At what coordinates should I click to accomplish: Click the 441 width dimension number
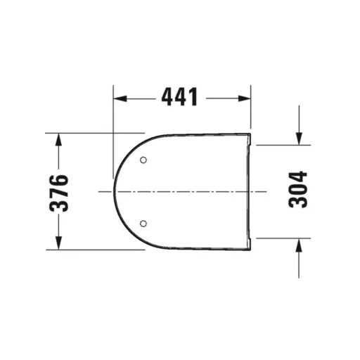point(180,97)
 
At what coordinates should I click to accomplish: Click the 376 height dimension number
point(59,193)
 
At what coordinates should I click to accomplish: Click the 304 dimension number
point(297,190)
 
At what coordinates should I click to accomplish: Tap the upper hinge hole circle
point(143,160)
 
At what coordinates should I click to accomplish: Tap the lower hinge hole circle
point(143,224)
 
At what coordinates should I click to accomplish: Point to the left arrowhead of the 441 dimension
point(120,98)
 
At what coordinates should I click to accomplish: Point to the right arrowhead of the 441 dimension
point(245,98)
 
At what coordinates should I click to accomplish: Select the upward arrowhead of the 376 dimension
point(58,140)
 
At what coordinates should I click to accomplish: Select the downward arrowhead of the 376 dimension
point(58,243)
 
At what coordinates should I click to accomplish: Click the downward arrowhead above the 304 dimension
point(299,139)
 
